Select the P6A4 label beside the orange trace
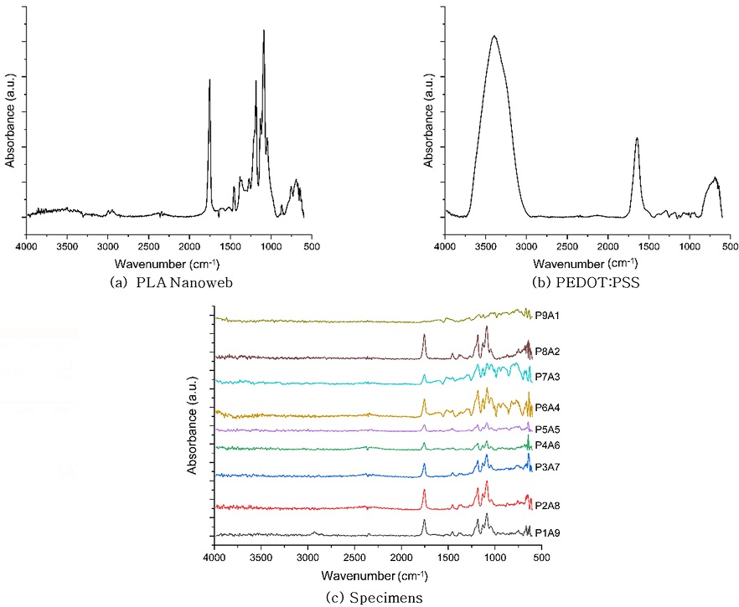point(547,408)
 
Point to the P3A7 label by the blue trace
point(547,466)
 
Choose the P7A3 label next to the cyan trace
point(547,377)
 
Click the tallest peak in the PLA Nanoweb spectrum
point(264,31)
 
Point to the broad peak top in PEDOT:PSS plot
point(494,36)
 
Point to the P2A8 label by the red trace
point(547,504)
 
